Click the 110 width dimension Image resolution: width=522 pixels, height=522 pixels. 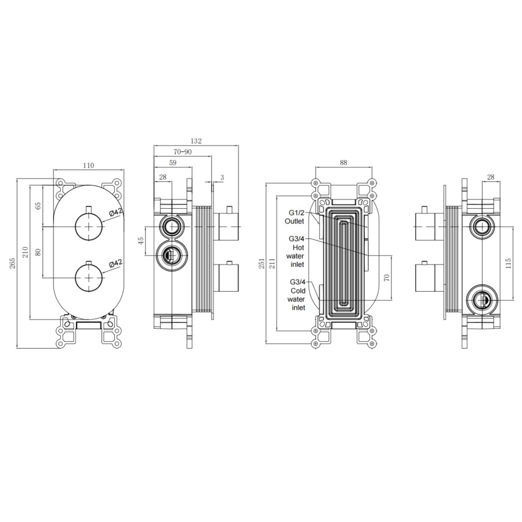tap(88, 165)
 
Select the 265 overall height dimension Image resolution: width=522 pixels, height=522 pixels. tap(13, 264)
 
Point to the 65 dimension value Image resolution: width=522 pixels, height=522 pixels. tap(38, 205)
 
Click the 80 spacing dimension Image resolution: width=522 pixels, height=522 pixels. tap(38, 253)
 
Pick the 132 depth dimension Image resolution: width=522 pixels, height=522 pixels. tap(196, 141)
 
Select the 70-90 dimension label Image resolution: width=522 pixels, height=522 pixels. tap(182, 152)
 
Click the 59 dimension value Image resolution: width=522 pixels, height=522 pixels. tap(172, 163)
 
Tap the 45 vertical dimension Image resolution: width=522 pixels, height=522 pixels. tap(140, 240)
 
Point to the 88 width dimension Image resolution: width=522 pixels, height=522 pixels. tap(343, 164)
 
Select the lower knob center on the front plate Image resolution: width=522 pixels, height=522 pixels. tap(88, 278)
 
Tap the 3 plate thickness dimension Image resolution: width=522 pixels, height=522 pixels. tap(222, 177)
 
